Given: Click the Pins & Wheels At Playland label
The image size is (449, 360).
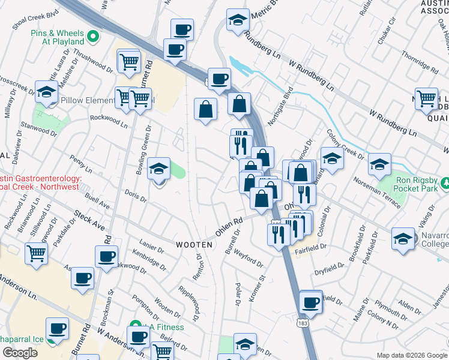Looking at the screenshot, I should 58,37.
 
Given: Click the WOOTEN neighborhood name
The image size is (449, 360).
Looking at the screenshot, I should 194,245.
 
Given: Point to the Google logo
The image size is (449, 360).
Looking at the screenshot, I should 20,353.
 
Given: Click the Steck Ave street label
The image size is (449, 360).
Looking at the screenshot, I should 89,220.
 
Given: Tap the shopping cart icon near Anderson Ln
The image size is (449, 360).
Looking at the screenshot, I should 37,254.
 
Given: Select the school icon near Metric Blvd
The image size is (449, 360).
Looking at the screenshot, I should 238,20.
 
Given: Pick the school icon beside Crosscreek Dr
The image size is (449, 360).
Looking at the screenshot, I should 46,92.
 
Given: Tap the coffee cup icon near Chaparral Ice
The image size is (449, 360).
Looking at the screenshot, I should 58,328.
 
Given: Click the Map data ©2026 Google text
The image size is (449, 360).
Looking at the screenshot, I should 411,355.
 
